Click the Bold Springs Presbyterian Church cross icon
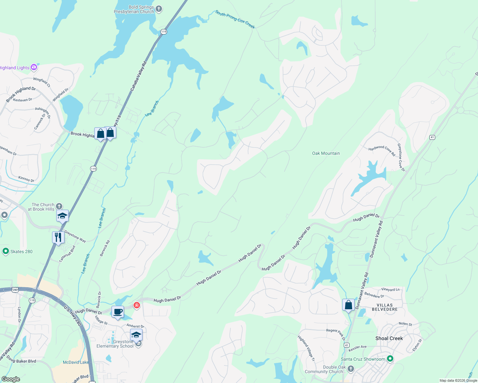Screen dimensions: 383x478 (159, 9)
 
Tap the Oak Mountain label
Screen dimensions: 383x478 (326, 153)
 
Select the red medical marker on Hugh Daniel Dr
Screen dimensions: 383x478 (137, 305)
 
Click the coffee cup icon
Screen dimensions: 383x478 (118, 312)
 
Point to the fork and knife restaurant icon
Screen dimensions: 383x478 (58, 237)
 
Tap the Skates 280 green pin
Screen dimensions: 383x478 (5, 252)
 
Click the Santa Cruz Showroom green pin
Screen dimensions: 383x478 (390, 359)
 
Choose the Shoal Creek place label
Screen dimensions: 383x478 (389, 338)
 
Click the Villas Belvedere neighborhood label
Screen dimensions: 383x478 (385, 307)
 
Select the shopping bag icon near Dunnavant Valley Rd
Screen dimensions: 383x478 (348, 305)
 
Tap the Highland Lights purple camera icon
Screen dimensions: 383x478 (34, 67)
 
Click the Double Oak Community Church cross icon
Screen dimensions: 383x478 (351, 369)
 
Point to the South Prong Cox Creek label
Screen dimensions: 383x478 (235, 19)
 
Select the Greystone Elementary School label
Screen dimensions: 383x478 (115, 344)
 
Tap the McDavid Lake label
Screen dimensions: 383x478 (76, 362)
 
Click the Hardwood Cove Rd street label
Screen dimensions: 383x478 (382, 151)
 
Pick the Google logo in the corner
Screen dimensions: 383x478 (11, 379)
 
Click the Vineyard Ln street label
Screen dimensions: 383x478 (390, 289)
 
